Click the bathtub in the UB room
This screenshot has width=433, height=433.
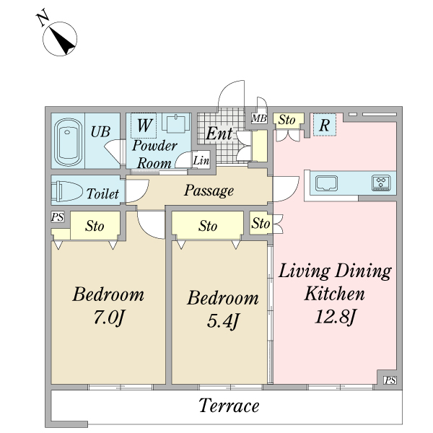68,142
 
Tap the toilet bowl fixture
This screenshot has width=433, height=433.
67,191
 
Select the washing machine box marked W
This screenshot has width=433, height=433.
144,126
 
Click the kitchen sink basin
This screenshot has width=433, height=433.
326,183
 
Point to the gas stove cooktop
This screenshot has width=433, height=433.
381,183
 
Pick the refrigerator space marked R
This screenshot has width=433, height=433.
325,125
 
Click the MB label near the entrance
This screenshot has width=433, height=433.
259,118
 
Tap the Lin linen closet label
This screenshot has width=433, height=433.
201,160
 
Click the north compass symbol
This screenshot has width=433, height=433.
58,35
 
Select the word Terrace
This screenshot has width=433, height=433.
229,406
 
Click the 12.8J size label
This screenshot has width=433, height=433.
334,317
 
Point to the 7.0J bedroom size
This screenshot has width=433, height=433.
108,318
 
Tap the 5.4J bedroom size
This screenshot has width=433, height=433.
222,321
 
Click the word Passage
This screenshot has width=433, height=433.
209,191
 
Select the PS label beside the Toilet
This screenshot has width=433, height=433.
58,216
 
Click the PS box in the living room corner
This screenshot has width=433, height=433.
390,380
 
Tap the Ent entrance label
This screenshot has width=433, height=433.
219,134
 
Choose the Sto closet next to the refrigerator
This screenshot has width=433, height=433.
288,121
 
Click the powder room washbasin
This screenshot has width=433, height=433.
175,123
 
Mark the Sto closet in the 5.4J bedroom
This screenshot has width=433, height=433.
207,226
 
